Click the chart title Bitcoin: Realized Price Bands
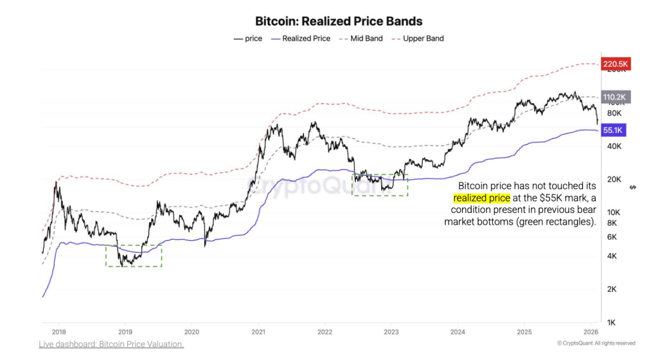pyautogui.click(x=329, y=22)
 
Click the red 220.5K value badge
pyautogui.click(x=616, y=64)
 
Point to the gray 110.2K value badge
pyautogui.click(x=616, y=98)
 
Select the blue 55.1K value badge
pyautogui.click(x=614, y=130)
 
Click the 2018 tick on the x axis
pyautogui.click(x=58, y=332)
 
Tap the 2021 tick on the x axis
pyautogui.click(x=258, y=332)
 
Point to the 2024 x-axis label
pyautogui.click(x=458, y=332)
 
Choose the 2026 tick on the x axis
pyautogui.click(x=591, y=332)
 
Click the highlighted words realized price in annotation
pyautogui.click(x=481, y=198)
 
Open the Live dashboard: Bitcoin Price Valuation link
pyautogui.click(x=111, y=345)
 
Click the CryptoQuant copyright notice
pyautogui.click(x=596, y=343)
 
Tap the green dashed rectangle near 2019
pyautogui.click(x=134, y=255)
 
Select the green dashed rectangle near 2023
pyautogui.click(x=380, y=185)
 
